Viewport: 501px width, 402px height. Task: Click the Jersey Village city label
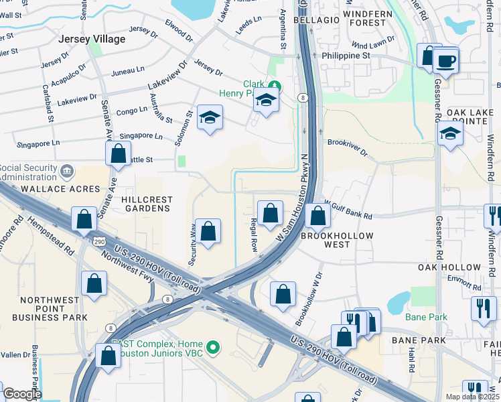(92, 39)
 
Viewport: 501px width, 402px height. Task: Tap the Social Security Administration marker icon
(66, 172)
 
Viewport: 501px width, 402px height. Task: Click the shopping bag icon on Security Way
(208, 232)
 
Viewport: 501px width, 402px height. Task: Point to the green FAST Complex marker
(213, 347)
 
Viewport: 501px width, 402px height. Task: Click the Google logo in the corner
(21, 394)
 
